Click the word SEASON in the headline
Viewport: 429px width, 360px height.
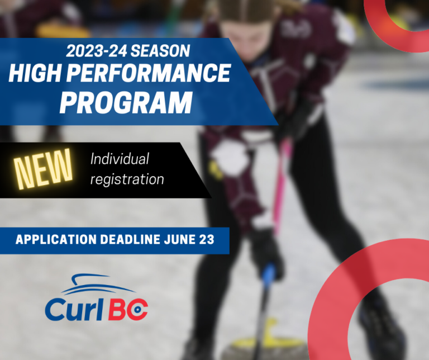160,51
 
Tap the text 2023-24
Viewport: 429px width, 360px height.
96,51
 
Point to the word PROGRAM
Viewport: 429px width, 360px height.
126,103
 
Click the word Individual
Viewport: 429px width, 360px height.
120,159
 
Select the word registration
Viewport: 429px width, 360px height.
127,179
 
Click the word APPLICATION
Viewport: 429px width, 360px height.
56,240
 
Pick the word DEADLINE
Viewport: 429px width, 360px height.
131,240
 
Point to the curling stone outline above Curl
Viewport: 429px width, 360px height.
97,284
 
